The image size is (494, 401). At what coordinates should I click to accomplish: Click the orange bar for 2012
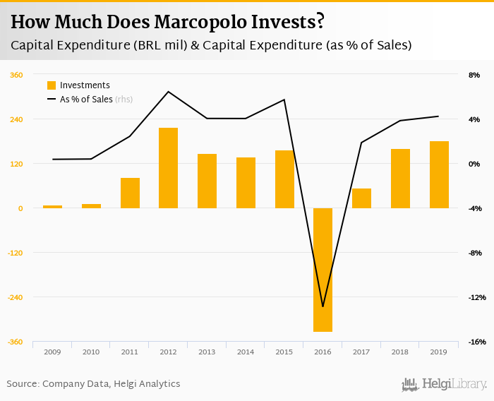[x=168, y=168]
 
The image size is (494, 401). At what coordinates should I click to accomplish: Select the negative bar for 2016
[x=323, y=270]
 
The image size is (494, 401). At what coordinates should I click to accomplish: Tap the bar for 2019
[x=439, y=174]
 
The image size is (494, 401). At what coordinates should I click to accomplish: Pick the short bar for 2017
[x=361, y=198]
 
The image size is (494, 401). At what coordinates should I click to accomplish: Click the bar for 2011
[x=130, y=193]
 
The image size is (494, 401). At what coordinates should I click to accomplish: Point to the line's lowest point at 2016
[x=323, y=306]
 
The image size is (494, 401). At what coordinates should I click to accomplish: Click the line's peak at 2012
[x=168, y=92]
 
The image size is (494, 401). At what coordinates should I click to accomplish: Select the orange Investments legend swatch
[x=52, y=85]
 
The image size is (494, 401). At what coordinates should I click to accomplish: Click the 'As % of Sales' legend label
[x=86, y=100]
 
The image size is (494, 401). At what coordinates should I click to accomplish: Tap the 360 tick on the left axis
[x=16, y=75]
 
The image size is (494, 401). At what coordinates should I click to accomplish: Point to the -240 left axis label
[x=15, y=297]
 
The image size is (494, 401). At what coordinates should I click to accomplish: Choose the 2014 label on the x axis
[x=245, y=352]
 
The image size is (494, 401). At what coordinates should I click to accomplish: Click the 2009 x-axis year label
[x=52, y=352]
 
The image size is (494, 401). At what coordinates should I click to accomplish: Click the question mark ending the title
[x=320, y=22]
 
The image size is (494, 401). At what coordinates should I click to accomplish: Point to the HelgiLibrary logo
[x=445, y=384]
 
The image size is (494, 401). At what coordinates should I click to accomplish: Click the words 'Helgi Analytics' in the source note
[x=148, y=384]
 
